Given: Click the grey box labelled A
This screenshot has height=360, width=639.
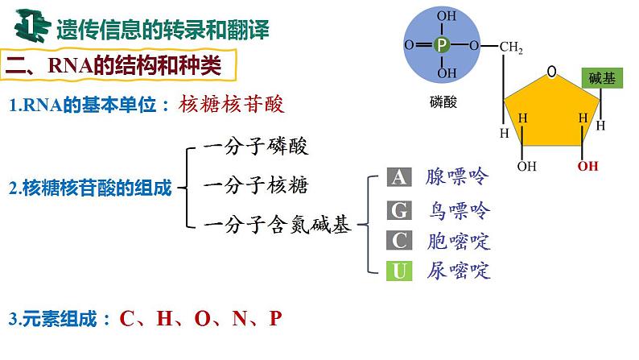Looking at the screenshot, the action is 398,178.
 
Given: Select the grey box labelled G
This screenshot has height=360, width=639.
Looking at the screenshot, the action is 398,211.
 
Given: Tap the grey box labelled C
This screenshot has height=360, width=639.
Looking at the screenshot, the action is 398,240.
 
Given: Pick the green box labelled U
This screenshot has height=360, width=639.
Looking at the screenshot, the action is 398,270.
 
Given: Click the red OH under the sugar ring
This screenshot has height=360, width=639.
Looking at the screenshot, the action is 588,167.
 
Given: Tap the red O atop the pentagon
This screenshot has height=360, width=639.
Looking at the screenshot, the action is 552,72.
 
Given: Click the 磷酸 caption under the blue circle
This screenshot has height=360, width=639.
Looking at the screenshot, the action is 443,101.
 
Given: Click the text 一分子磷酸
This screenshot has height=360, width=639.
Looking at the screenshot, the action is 257,148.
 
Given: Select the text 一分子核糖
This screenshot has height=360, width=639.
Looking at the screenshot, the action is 257,186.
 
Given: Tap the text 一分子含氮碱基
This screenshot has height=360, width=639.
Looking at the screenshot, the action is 278,226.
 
